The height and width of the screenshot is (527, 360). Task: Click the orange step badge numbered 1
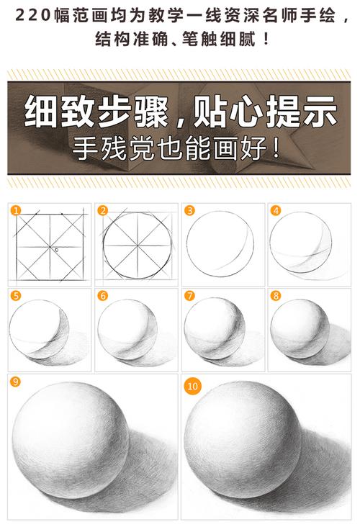click(17, 210)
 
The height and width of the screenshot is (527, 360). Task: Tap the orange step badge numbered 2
click(103, 210)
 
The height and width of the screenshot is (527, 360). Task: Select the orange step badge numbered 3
click(189, 210)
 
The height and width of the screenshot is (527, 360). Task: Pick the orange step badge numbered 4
click(276, 210)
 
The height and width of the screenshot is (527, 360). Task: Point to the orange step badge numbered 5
click(17, 295)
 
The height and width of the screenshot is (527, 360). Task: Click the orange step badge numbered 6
click(103, 295)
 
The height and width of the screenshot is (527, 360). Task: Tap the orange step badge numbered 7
click(189, 295)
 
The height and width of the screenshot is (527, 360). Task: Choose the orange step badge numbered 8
click(276, 295)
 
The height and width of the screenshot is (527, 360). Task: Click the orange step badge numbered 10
click(192, 386)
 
